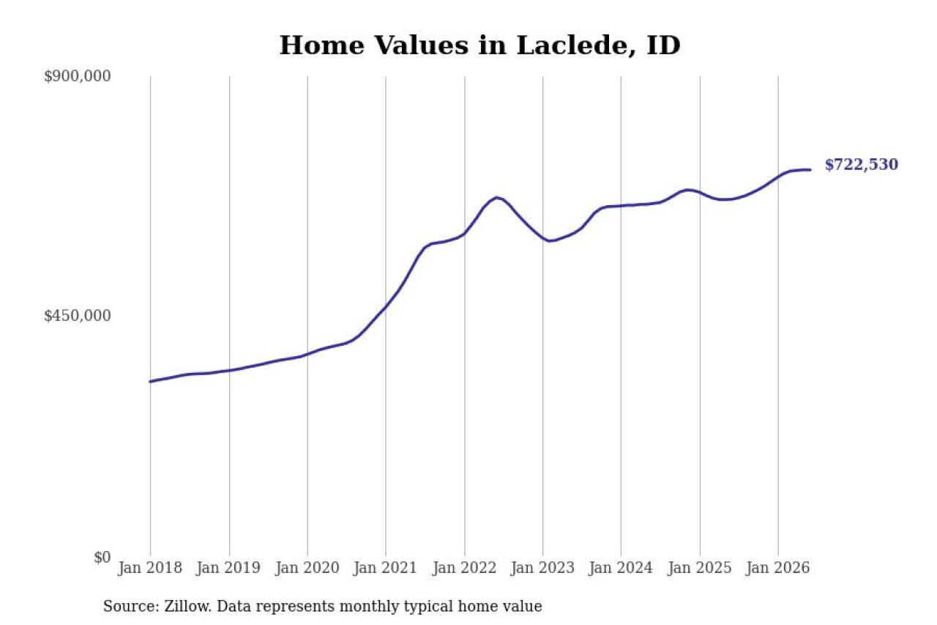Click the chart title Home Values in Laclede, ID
point(479,45)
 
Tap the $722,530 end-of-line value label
point(862,165)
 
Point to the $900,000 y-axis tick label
point(78,76)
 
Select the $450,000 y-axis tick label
point(78,316)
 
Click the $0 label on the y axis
point(102,557)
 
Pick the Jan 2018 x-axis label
point(150,568)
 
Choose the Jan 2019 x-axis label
point(228,568)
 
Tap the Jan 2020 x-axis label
point(307,568)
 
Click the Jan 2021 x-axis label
point(385,568)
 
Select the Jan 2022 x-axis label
point(464,568)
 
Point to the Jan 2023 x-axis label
point(542,568)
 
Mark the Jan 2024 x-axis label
point(621,568)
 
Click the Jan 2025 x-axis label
point(700,568)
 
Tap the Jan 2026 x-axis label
point(778,568)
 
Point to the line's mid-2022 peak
point(496,198)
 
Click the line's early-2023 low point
point(551,241)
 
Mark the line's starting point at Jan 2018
point(151,381)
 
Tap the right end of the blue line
point(810,169)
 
